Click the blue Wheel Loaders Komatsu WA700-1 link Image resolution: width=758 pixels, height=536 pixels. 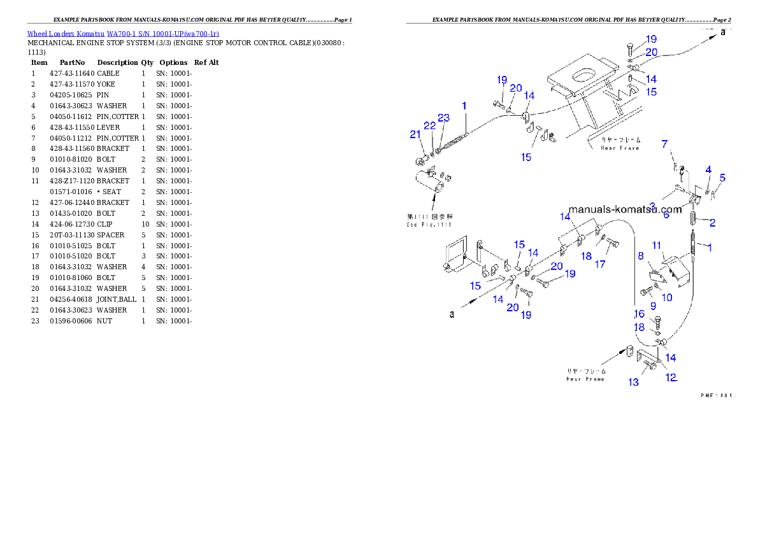[123, 34]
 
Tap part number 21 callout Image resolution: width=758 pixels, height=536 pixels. [415, 134]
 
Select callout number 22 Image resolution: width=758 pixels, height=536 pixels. [430, 125]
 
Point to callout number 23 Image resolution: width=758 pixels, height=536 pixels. [443, 118]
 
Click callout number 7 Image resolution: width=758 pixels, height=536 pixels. [664, 144]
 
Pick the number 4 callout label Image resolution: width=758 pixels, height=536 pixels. [708, 169]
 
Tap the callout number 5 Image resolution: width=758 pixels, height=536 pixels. [722, 178]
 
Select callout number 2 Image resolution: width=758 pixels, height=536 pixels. [712, 223]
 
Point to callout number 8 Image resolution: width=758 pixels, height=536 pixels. [641, 256]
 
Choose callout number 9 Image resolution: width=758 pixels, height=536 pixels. [653, 306]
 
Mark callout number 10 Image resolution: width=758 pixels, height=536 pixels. [667, 297]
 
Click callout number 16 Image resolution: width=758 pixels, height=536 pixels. [639, 314]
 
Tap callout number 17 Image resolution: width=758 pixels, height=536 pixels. [600, 264]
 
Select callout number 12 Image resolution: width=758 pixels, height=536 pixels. [671, 377]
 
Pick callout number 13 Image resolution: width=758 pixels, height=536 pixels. [633, 382]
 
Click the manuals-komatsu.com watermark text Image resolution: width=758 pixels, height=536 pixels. [624, 209]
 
